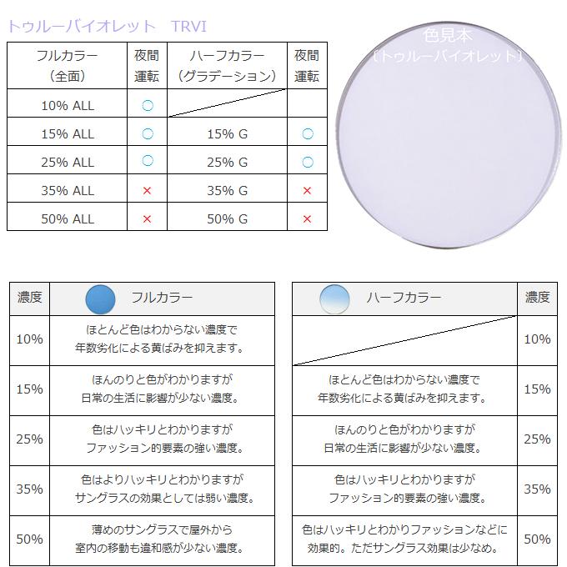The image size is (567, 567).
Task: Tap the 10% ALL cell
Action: click(x=68, y=105)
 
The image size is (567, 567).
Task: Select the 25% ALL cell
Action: click(x=68, y=162)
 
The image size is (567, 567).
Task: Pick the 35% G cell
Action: click(x=227, y=190)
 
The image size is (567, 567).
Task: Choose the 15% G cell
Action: click(x=227, y=133)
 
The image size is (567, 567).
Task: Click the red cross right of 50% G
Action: click(x=307, y=218)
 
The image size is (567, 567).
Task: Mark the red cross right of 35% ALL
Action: click(x=147, y=190)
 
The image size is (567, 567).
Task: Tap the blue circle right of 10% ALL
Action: click(x=147, y=105)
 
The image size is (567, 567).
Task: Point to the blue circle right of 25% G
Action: click(x=307, y=162)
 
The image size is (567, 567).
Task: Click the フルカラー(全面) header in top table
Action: click(x=68, y=66)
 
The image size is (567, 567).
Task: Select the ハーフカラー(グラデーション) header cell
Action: click(x=227, y=66)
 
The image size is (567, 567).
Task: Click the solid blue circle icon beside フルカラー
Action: click(x=100, y=299)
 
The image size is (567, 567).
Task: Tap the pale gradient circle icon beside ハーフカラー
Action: click(x=334, y=299)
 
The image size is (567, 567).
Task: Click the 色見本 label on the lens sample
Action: click(x=448, y=36)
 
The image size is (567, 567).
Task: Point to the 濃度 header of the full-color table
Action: click(x=30, y=298)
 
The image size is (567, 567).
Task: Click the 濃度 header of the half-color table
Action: click(x=537, y=298)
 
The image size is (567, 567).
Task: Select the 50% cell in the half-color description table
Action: click(x=537, y=539)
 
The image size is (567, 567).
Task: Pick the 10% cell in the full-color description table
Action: click(x=30, y=339)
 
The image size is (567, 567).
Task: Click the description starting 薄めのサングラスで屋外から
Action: click(x=163, y=539)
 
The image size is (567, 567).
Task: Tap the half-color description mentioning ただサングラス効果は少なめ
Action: click(x=405, y=539)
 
